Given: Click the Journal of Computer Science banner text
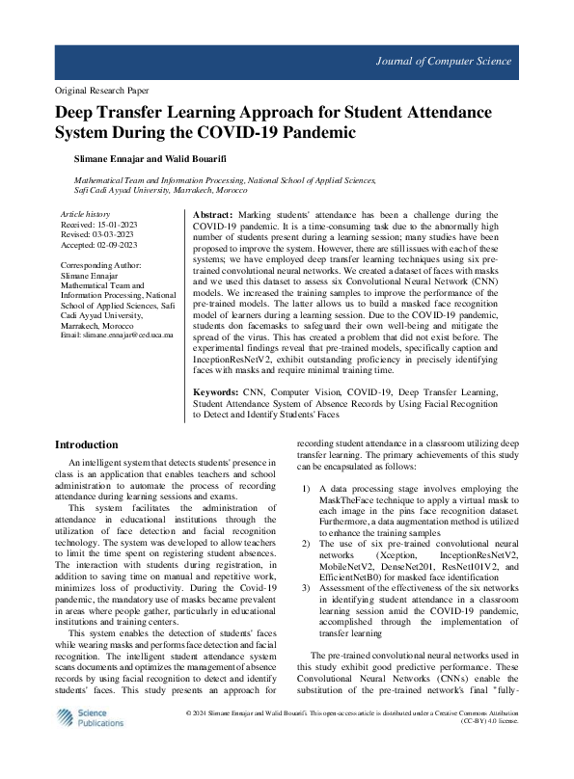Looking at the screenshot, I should click(x=444, y=62).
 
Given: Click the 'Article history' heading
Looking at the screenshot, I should click(x=86, y=213).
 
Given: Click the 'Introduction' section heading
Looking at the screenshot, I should click(x=87, y=444).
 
